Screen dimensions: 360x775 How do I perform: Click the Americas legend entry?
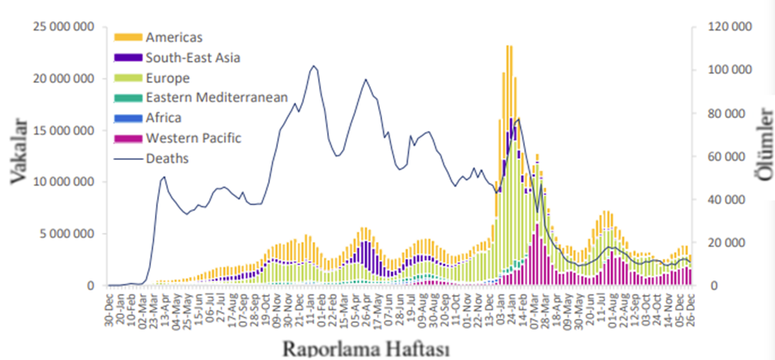click(x=173, y=37)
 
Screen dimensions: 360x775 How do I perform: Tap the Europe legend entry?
click(x=167, y=78)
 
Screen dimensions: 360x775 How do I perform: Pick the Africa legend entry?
click(x=164, y=117)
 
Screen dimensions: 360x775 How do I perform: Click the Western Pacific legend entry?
click(x=194, y=138)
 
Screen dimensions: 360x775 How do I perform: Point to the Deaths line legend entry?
click(x=167, y=157)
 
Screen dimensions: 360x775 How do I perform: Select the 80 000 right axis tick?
click(x=732, y=112)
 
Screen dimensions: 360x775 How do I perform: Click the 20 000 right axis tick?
click(x=732, y=243)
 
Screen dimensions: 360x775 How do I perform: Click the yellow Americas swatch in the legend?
click(x=129, y=37)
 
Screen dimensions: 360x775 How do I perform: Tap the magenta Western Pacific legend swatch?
click(x=129, y=138)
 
